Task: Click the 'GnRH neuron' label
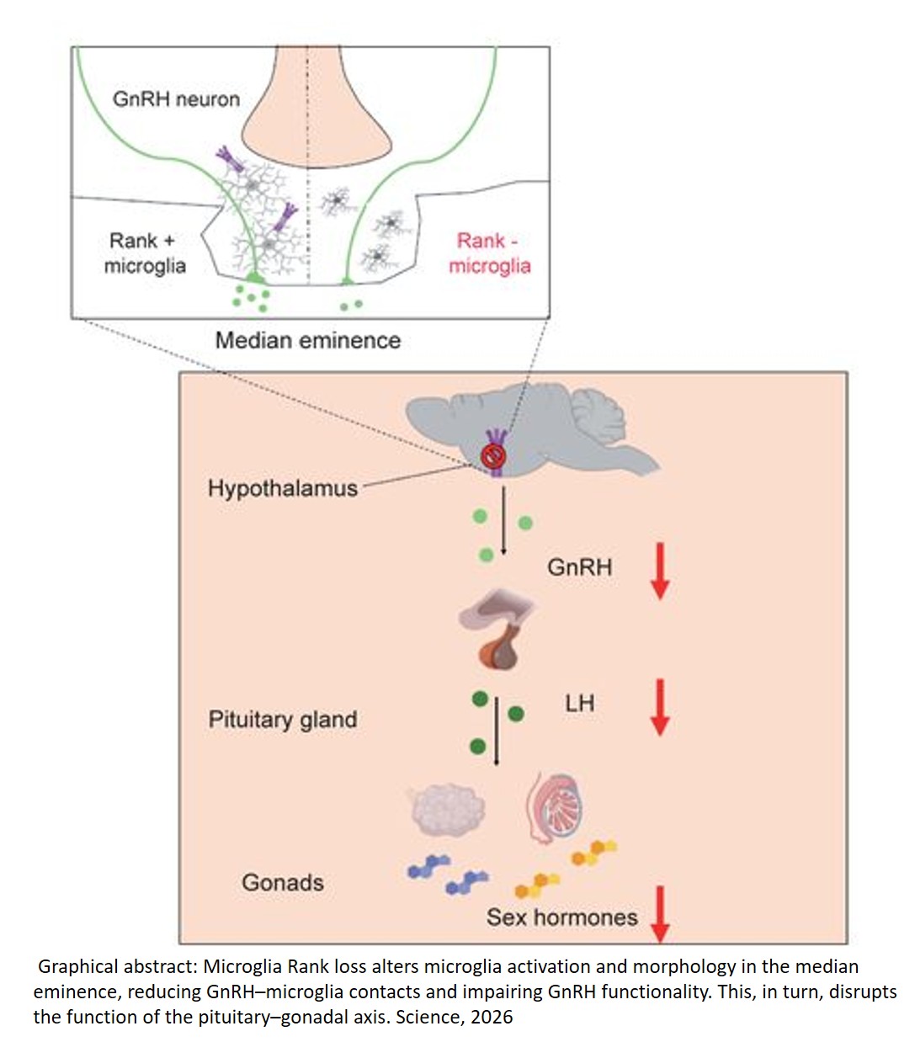click(176, 99)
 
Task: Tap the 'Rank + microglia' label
click(145, 253)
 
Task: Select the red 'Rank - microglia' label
click(489, 253)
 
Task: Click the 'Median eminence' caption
click(308, 341)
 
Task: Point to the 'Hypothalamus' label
click(283, 488)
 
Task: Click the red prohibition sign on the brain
click(493, 457)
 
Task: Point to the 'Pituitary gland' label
click(283, 720)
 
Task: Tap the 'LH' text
click(579, 703)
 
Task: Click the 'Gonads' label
click(283, 883)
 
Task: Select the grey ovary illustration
click(447, 809)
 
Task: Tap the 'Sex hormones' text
click(561, 917)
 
